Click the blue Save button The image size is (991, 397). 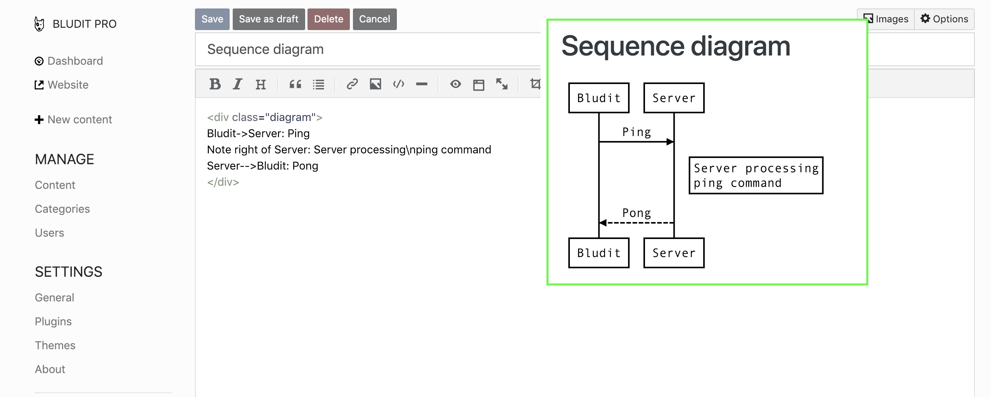pos(212,19)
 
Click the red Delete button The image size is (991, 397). pos(328,19)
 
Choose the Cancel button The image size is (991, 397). pos(375,19)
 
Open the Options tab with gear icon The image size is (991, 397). pos(944,19)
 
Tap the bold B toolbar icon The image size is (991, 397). pos(215,84)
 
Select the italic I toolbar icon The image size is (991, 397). pos(238,84)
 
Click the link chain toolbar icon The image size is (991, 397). pos(352,84)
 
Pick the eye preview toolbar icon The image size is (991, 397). pos(455,84)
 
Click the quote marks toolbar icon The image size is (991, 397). pos(296,84)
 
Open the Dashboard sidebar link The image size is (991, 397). pos(75,61)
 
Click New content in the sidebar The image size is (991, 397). pos(79,119)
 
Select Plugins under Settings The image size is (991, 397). pos(53,321)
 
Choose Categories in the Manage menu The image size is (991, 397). pos(62,209)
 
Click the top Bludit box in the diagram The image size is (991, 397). pos(599,98)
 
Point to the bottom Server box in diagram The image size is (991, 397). pos(674,253)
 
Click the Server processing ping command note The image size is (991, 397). pos(756,175)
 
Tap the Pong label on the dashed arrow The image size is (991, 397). pos(637,213)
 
